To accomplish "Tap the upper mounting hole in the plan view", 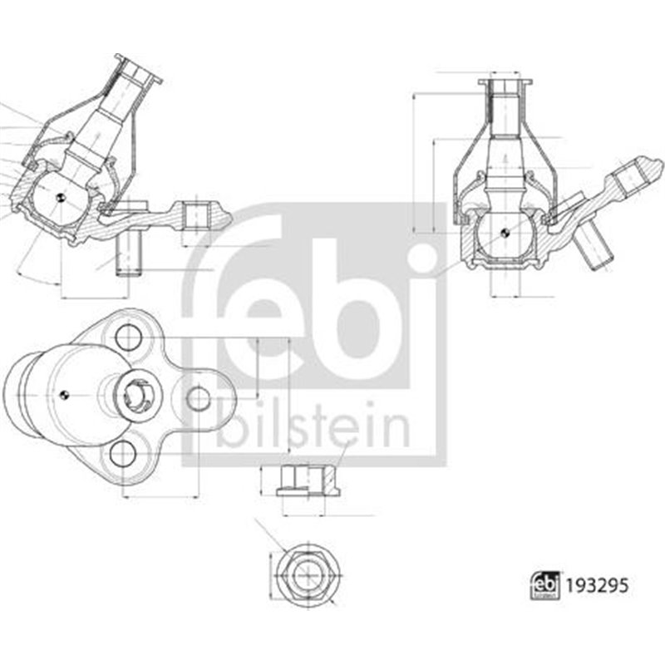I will tap(127, 337).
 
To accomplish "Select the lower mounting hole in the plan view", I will tap(123, 453).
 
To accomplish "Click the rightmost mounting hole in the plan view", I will tap(199, 399).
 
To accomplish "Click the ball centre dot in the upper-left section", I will tap(60, 196).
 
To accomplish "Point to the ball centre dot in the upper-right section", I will tap(505, 233).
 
